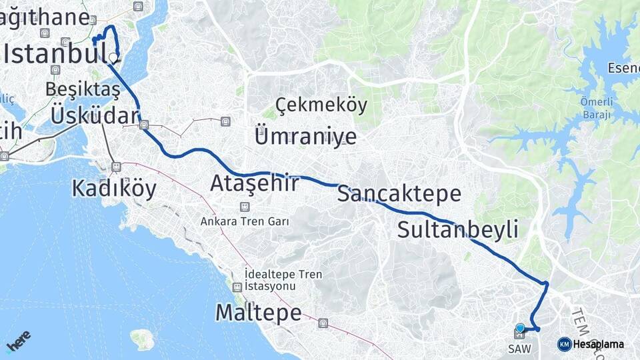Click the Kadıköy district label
click(x=114, y=189)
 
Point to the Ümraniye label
click(x=305, y=137)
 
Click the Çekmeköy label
click(x=321, y=105)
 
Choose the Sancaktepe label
click(x=399, y=193)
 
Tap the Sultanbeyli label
click(x=457, y=229)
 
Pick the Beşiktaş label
click(x=83, y=89)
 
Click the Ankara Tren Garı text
click(x=245, y=221)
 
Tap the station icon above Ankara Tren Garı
click(x=245, y=207)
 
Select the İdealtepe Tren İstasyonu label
click(x=283, y=280)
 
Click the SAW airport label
click(x=519, y=349)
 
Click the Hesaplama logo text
click(x=598, y=344)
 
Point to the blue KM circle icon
click(x=564, y=344)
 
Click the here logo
click(x=18, y=341)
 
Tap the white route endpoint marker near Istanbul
click(x=114, y=58)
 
